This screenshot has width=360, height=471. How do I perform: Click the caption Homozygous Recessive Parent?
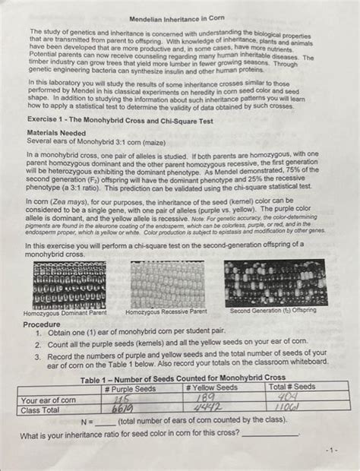pyautogui.click(x=166, y=311)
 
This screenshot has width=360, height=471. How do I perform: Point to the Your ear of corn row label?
pyautogui.click(x=49, y=399)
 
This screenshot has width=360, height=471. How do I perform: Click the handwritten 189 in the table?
pyautogui.click(x=206, y=398)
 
